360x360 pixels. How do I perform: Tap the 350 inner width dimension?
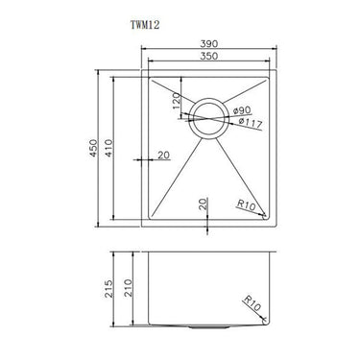tap(209, 60)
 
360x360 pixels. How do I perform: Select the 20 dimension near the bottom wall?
tap(203, 203)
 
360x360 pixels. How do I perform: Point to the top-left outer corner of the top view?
tap(143, 68)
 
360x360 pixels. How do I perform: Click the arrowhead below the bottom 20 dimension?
tap(209, 228)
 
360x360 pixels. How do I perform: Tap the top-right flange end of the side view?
tap(276, 256)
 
